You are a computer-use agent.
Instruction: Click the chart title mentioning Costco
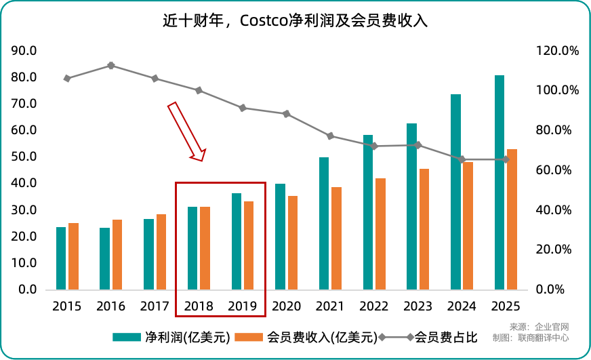(x=295, y=20)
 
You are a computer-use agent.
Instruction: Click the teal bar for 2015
(x=61, y=258)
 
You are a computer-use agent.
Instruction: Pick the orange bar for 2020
(x=293, y=243)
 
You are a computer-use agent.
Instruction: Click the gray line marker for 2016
(x=111, y=66)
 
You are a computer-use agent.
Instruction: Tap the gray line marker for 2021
(x=330, y=136)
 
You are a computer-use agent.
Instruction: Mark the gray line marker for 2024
(x=462, y=159)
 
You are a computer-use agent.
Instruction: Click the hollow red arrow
(x=186, y=132)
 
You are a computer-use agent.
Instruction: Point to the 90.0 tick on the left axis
(x=24, y=51)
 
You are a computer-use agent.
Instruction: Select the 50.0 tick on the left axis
(x=24, y=157)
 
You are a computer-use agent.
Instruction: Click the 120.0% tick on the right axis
(x=557, y=51)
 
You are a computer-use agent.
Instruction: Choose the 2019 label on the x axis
(x=243, y=306)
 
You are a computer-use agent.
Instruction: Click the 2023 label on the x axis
(x=418, y=306)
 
